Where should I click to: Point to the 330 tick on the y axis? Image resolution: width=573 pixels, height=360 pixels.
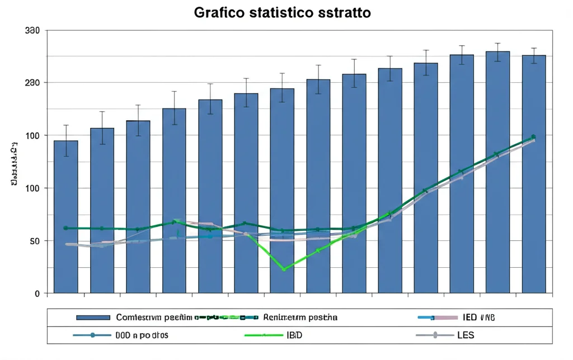click(x=32, y=30)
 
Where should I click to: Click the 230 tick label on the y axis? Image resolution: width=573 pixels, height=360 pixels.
click(x=32, y=83)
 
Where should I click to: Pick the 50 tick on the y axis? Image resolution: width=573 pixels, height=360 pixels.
click(x=34, y=241)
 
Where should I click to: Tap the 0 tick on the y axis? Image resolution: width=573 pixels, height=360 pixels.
click(x=37, y=293)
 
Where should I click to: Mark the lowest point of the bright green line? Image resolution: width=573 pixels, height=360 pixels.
click(x=284, y=269)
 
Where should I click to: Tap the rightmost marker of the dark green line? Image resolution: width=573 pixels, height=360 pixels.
click(x=533, y=137)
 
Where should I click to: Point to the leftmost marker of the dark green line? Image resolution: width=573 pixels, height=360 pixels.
click(x=65, y=228)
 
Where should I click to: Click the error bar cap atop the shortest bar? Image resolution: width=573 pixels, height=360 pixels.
click(x=65, y=125)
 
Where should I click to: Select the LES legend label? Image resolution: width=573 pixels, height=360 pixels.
click(x=465, y=335)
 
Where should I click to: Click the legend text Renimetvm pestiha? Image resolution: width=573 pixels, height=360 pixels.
click(x=300, y=318)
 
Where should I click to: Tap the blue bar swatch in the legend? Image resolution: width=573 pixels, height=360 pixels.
click(x=92, y=318)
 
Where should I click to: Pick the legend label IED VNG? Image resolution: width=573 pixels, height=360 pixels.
click(x=479, y=318)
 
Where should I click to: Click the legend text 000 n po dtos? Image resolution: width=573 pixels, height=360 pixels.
click(x=142, y=335)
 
